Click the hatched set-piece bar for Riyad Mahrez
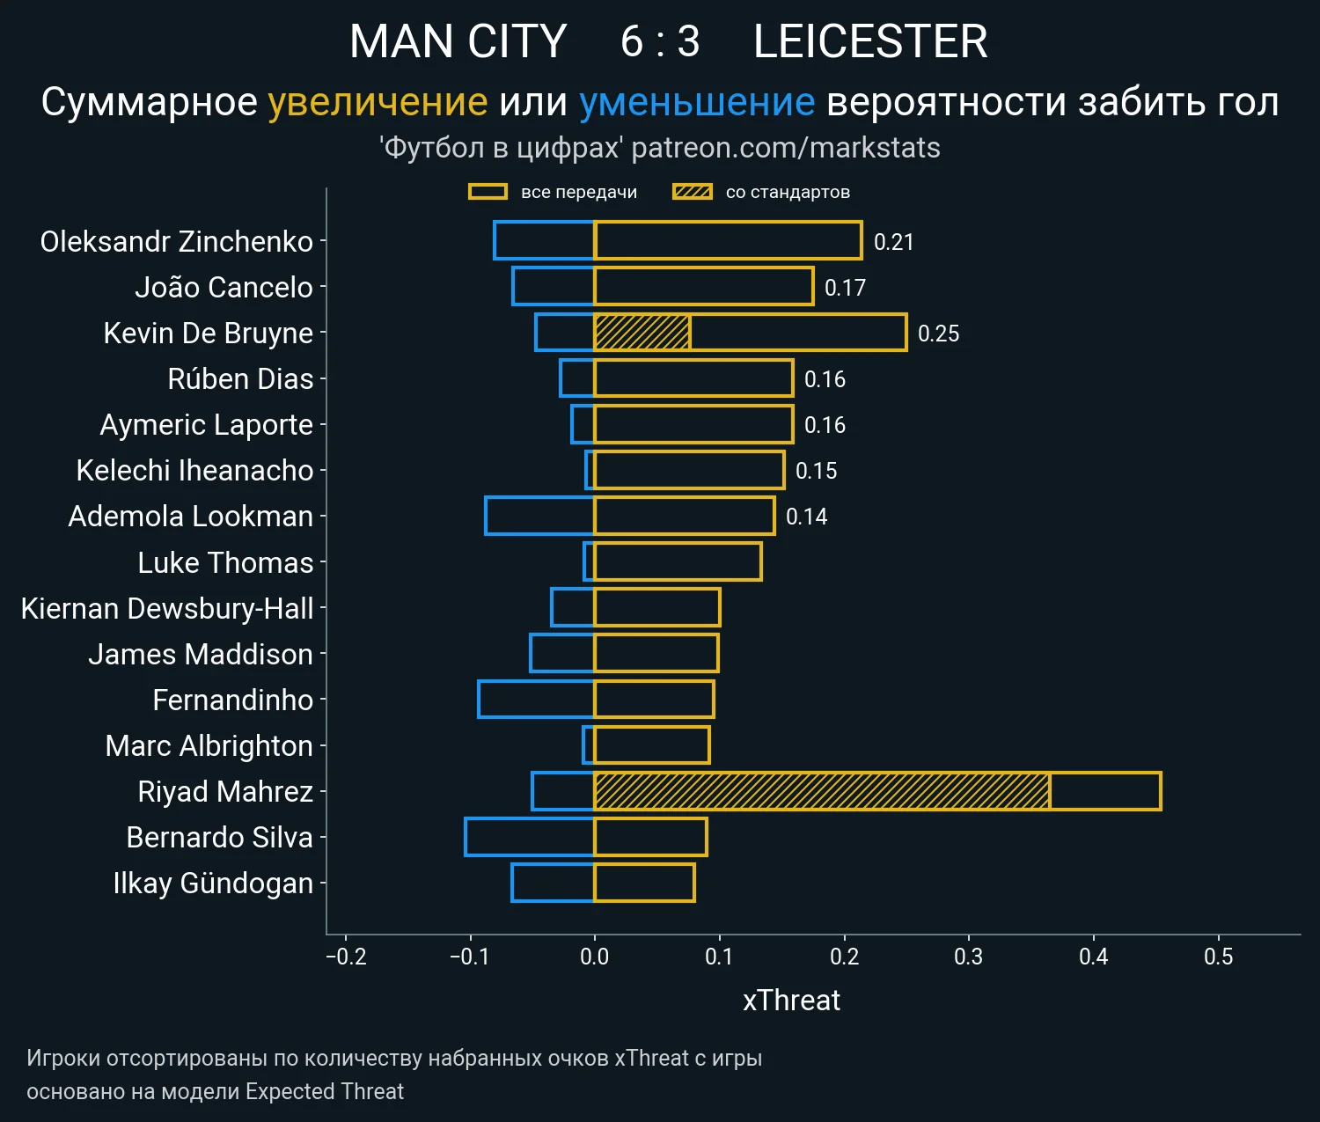(822, 791)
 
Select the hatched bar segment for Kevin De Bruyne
(642, 333)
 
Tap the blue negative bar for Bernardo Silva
(530, 837)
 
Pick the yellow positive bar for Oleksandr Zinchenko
(728, 241)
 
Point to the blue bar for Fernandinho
(536, 700)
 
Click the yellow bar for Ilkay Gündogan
(644, 883)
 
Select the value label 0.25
(938, 334)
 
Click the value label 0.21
(893, 242)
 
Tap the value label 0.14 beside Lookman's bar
(806, 517)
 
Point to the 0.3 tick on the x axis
(969, 957)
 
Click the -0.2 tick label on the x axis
(346, 957)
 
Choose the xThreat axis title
(791, 1001)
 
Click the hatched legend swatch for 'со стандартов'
(693, 192)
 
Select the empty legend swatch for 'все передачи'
(488, 192)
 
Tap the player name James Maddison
(201, 654)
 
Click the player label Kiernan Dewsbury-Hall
(167, 608)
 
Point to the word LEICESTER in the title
(870, 41)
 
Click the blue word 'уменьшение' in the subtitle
(697, 102)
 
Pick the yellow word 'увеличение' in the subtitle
(378, 102)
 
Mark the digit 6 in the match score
(632, 41)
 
